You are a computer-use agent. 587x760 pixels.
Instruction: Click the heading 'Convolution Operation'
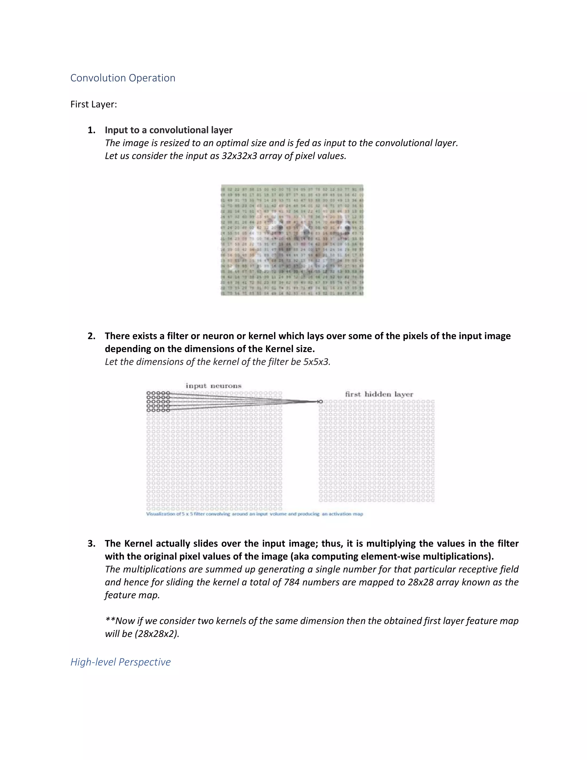pyautogui.click(x=122, y=78)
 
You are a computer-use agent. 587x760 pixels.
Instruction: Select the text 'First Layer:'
pyautogui.click(x=93, y=104)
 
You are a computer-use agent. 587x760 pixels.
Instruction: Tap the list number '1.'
pyautogui.click(x=91, y=130)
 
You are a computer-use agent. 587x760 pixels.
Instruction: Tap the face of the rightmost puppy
pyautogui.click(x=342, y=228)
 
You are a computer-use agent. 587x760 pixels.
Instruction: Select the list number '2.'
pyautogui.click(x=91, y=336)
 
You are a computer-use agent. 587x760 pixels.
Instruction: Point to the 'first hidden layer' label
pyautogui.click(x=379, y=394)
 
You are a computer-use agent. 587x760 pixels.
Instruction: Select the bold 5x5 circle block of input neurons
pyautogui.click(x=158, y=402)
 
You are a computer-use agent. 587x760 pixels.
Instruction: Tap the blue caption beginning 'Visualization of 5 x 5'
pyautogui.click(x=254, y=514)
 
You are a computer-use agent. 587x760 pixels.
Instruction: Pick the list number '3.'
pyautogui.click(x=91, y=543)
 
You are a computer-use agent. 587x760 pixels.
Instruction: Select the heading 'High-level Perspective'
pyautogui.click(x=120, y=662)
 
